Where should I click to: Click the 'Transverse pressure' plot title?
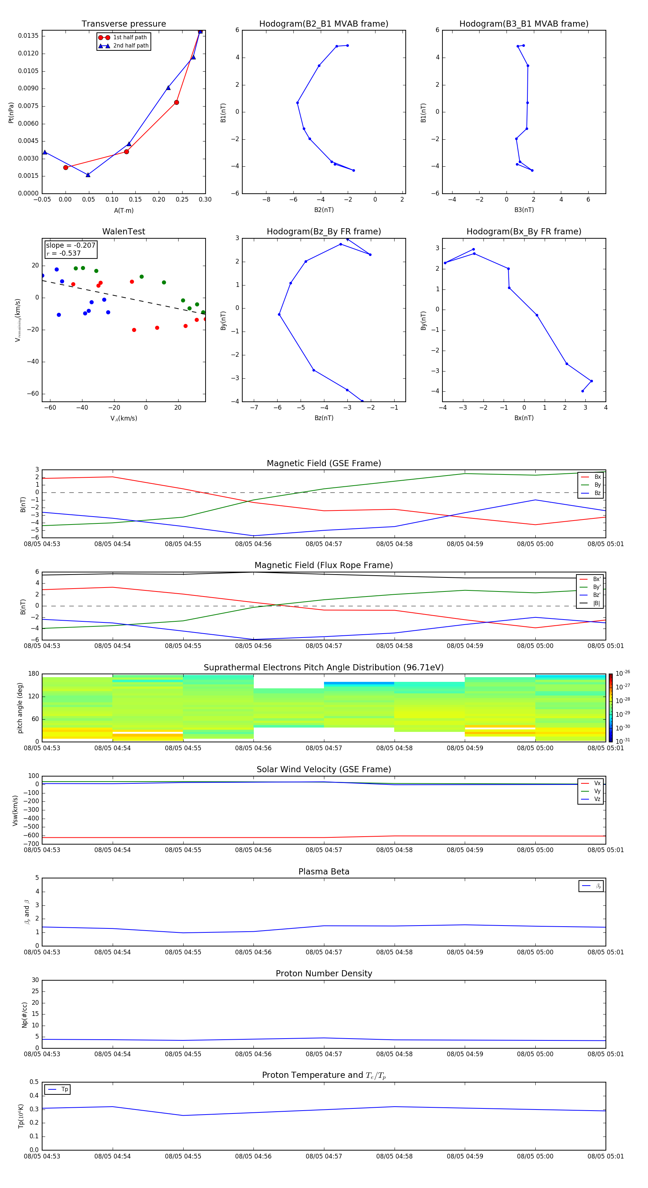[x=123, y=24]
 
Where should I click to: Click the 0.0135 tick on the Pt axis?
[x=28, y=36]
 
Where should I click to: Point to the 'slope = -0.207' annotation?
[x=71, y=246]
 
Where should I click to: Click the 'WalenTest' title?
[x=123, y=231]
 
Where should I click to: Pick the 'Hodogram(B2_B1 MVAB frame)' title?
[x=323, y=24]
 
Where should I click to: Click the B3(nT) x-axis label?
[x=524, y=210]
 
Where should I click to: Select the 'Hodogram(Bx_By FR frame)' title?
[x=523, y=231]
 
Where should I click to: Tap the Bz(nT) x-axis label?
[x=324, y=418]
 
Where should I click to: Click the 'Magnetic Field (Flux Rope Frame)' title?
[x=323, y=566]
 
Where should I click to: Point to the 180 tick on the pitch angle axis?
[x=34, y=674]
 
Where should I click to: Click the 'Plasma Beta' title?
[x=323, y=872]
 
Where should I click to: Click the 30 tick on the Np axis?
[x=35, y=980]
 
